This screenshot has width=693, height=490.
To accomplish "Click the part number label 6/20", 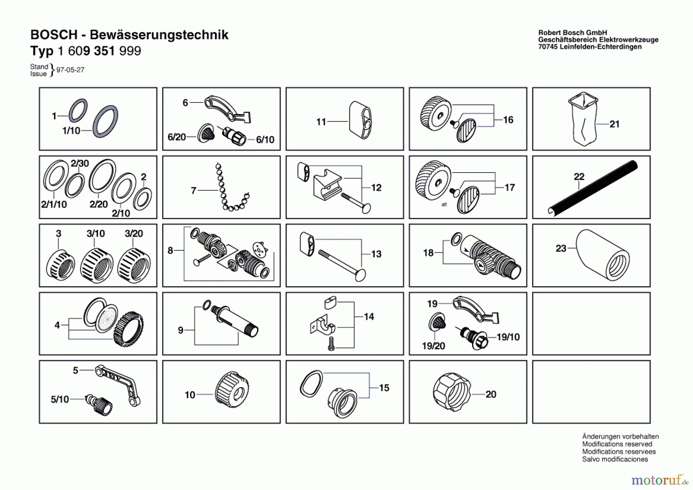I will (x=176, y=137).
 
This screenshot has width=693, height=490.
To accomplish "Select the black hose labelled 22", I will (x=593, y=188).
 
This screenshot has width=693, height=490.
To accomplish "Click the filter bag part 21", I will (x=583, y=120).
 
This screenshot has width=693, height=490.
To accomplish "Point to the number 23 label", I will (x=561, y=248).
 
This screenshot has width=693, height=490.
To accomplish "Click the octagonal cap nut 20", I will (x=451, y=392).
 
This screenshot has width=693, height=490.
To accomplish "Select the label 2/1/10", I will (x=54, y=204).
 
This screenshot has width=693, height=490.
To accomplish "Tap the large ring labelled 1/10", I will (x=105, y=121).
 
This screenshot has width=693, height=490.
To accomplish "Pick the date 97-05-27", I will (x=70, y=70).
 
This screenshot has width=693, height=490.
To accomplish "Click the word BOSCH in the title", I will (x=54, y=35).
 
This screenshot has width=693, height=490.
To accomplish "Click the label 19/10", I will (x=508, y=337).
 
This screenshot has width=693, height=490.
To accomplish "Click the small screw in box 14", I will (x=331, y=344).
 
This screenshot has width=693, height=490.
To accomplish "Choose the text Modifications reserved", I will (x=617, y=444).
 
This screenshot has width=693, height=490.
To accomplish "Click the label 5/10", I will (x=60, y=399).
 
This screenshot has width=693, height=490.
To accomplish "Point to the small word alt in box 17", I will (x=444, y=205).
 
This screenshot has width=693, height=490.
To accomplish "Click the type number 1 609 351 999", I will (x=99, y=51).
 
